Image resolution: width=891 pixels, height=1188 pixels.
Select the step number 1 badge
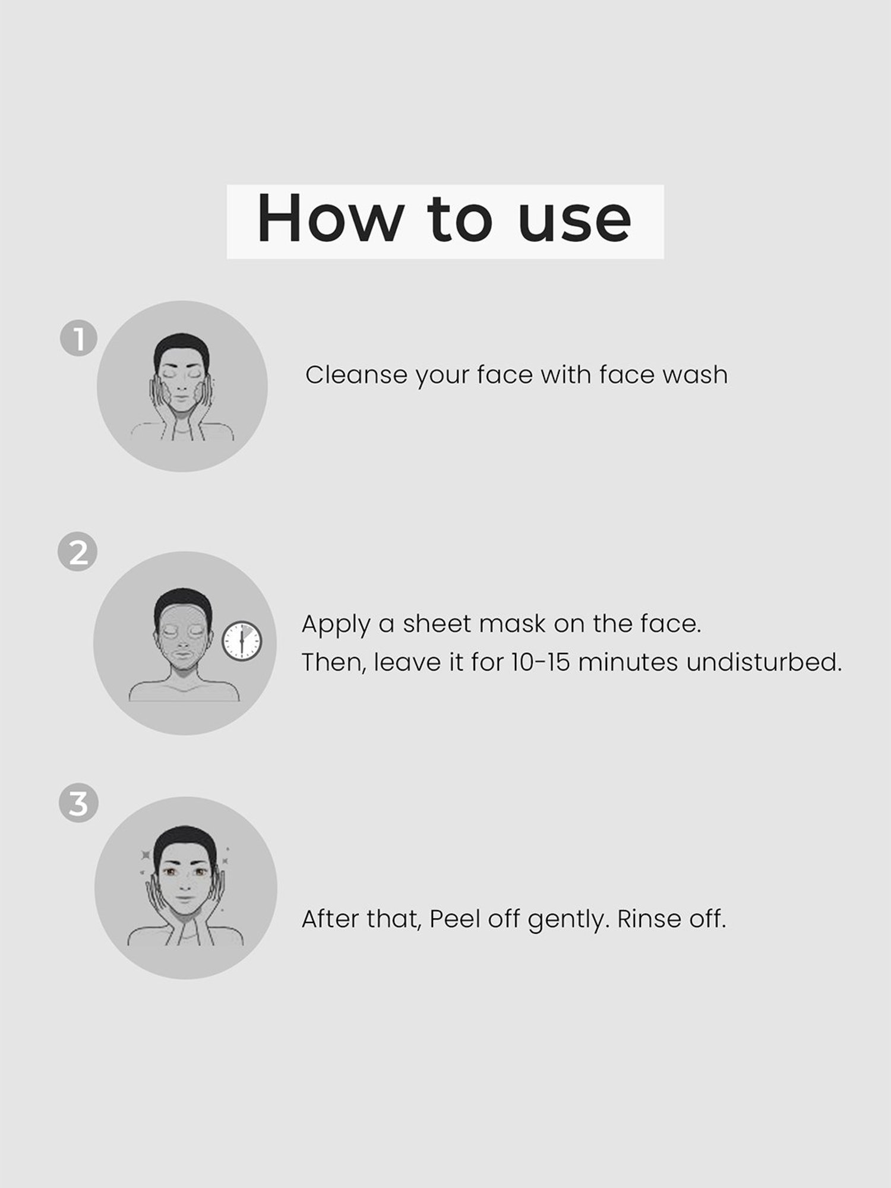coord(78,339)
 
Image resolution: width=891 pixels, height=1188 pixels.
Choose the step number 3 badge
coord(78,804)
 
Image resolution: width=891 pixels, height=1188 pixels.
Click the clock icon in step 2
coord(242,642)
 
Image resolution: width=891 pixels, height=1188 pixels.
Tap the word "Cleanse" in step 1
coord(356,375)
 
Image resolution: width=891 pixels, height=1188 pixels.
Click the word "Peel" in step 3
coord(454,919)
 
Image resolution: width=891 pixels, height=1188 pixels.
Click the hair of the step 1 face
coord(181,347)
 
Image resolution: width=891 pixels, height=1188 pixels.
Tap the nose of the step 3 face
coord(185,881)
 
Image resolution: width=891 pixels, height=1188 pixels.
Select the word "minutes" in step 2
coord(628,662)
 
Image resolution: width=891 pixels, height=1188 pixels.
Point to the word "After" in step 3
coord(330,919)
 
